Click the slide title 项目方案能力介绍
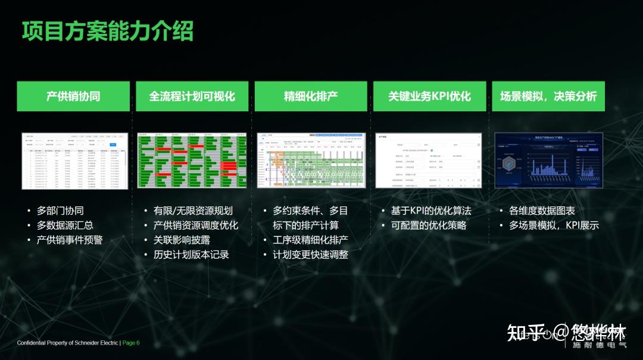point(107,31)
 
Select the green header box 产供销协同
point(73,96)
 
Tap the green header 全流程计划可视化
point(192,96)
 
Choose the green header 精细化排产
point(311,96)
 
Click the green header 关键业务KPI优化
point(429,96)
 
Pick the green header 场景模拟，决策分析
point(548,96)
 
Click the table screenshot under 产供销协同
point(75,161)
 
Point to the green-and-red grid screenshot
point(192,161)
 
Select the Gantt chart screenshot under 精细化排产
point(311,161)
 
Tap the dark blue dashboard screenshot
point(548,161)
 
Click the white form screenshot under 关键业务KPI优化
point(429,161)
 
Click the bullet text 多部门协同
point(60,211)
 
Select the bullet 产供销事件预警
point(70,240)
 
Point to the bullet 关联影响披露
point(182,240)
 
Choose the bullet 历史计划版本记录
point(191,255)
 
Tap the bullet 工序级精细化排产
point(310,240)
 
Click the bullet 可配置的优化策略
point(429,226)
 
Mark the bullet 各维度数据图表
point(542,211)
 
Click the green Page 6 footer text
point(131,343)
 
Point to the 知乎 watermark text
point(526,332)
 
